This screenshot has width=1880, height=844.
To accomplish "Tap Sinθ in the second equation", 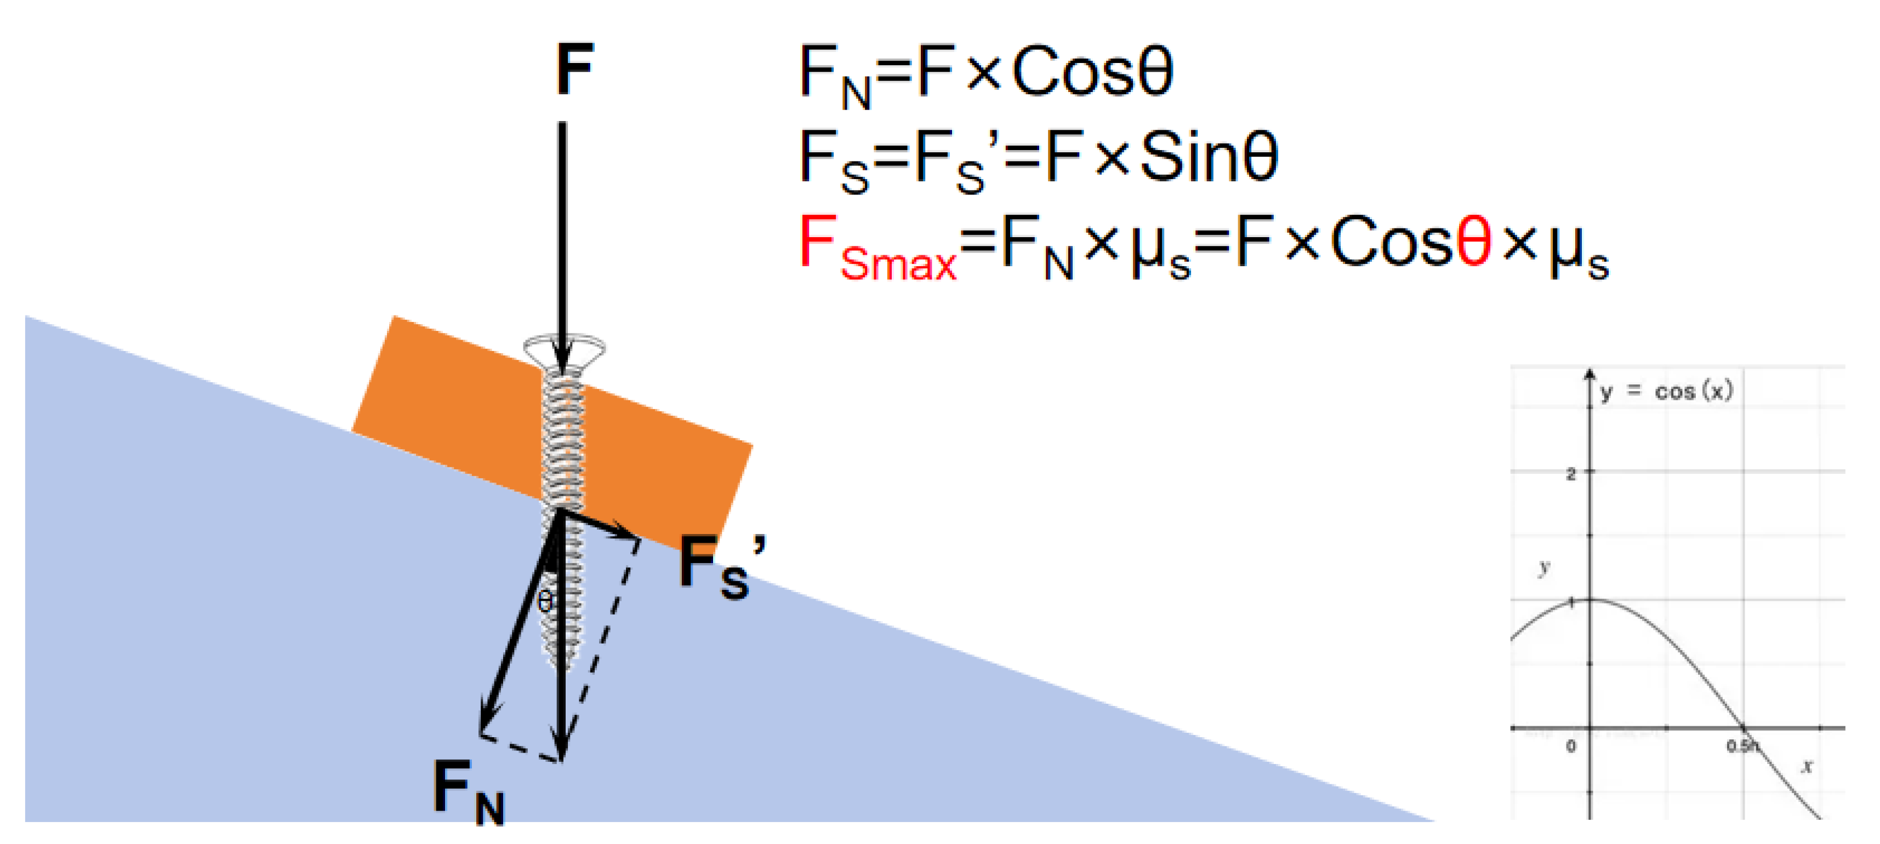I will (x=1209, y=157).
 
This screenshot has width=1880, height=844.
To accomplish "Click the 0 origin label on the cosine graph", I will (x=1570, y=747).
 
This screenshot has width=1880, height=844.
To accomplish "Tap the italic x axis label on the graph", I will (x=1807, y=765).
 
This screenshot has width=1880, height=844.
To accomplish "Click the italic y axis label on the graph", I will (x=1543, y=567).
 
